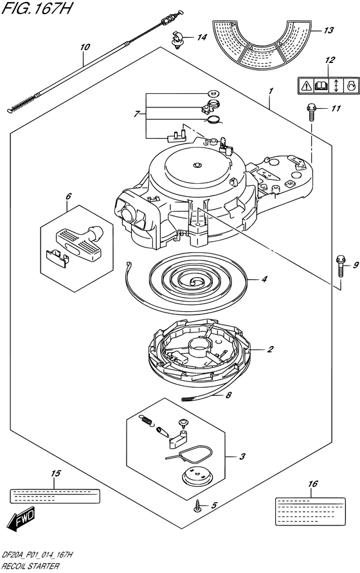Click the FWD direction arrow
(21, 518)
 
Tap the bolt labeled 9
(340, 266)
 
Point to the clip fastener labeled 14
(177, 40)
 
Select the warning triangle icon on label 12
(305, 86)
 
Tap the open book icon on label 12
(321, 86)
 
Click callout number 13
(328, 30)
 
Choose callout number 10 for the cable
(84, 47)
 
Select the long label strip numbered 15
(54, 496)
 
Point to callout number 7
(136, 114)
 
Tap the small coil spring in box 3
(145, 420)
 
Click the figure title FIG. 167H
(37, 8)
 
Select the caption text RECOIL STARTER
(30, 566)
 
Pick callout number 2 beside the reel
(270, 349)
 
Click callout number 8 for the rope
(228, 395)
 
